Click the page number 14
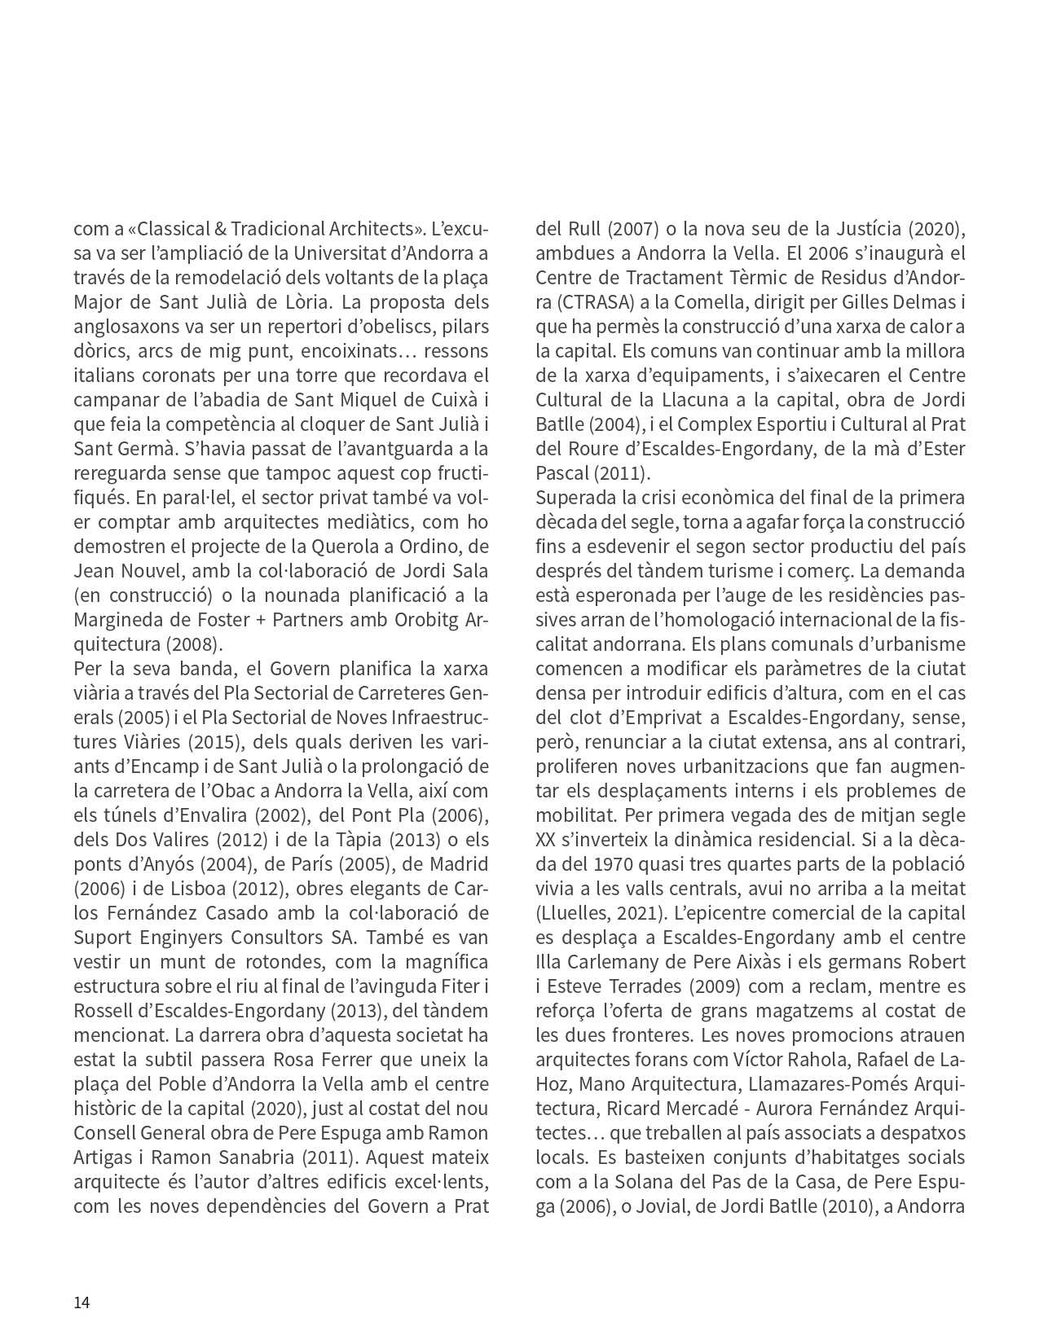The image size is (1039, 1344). click(81, 1302)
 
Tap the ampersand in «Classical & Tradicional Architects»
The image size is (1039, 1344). click(223, 229)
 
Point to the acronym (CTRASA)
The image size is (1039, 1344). click(584, 302)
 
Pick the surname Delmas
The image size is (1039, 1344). click(926, 302)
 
